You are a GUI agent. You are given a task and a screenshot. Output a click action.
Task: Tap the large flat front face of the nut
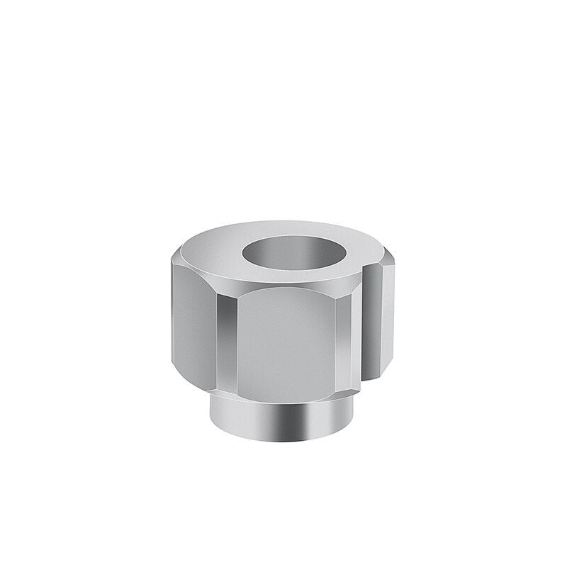291,340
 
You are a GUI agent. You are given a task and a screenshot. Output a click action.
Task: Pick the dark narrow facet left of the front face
226,340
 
